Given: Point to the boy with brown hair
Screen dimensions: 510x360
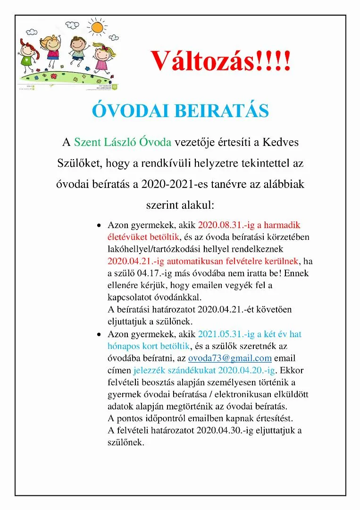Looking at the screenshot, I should [76, 50].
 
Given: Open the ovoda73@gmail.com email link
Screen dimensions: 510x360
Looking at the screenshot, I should [230, 358].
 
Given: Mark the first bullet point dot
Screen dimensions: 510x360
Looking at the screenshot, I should [99, 225].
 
